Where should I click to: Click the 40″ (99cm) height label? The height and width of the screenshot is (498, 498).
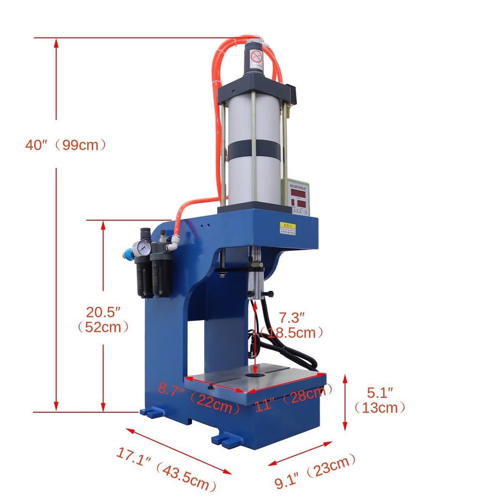click(x=66, y=145)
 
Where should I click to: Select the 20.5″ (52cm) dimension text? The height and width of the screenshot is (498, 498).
click(x=103, y=320)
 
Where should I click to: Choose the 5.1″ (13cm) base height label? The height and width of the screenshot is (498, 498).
click(x=379, y=399)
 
